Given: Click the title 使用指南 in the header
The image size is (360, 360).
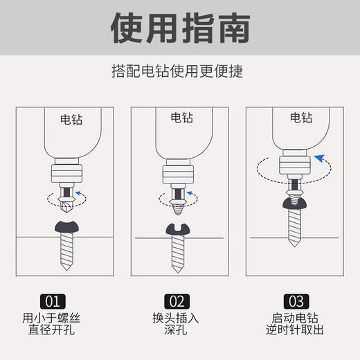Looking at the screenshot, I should (x=180, y=28).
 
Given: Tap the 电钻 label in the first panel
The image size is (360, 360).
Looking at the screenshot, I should (x=71, y=118).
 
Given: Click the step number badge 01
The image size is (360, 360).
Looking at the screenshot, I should (x=54, y=301).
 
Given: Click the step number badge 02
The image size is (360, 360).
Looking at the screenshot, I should (x=177, y=301).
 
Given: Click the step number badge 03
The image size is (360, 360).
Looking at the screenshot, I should (x=296, y=301).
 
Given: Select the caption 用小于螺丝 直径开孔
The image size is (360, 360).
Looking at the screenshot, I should (x=54, y=325).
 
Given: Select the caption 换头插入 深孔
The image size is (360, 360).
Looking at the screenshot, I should (x=177, y=325).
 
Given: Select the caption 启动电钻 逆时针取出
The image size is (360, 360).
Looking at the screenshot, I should (x=296, y=325).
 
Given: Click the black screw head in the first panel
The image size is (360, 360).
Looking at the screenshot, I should (x=66, y=227).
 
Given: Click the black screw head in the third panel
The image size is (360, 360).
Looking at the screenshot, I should (x=295, y=202).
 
